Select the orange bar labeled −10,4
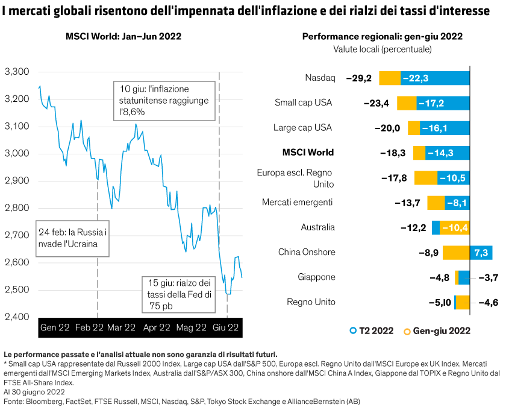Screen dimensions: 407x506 [454, 228]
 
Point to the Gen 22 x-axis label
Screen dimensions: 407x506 [55, 328]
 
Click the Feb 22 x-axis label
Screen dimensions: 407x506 [89, 328]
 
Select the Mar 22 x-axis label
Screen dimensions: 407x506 [122, 328]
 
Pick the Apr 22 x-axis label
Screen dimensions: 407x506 [157, 328]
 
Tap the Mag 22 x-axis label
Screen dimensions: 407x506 [192, 328]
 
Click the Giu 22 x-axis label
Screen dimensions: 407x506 [226, 328]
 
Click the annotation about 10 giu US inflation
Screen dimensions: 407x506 [163, 100]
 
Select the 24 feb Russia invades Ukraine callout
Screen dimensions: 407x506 [72, 239]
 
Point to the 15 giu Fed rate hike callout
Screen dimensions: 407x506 [178, 294]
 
